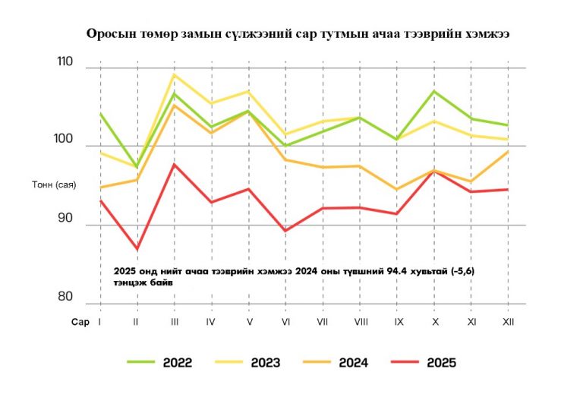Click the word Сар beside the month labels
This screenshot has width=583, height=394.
(80, 322)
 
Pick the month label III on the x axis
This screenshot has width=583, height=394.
(175, 322)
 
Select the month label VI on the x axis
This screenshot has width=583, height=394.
(285, 322)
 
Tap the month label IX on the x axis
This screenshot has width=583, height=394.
(398, 322)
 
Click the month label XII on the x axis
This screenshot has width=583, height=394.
(509, 322)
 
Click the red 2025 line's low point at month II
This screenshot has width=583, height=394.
(137, 249)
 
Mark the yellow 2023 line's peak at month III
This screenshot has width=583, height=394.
(174, 74)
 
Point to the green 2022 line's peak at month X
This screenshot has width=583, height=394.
(434, 91)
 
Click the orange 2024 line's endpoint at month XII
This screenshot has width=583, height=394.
(508, 152)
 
